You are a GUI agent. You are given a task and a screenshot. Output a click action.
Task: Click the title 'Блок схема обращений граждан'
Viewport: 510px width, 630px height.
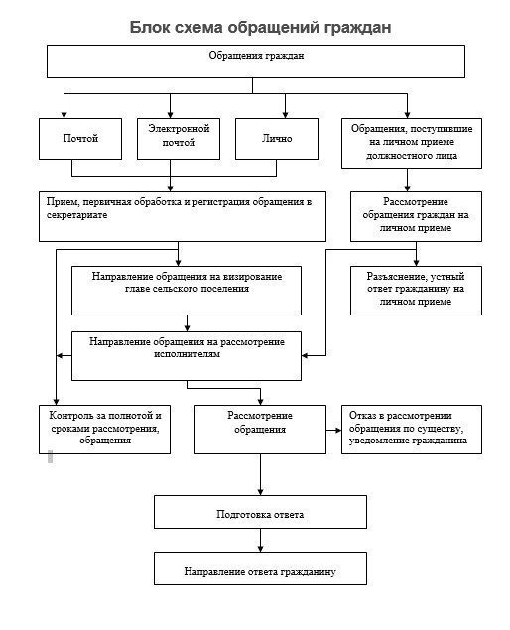260,28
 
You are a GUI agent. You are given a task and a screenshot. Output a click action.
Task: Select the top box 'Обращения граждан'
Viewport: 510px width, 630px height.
256,62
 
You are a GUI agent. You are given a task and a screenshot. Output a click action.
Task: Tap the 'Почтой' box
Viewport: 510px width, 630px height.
80,139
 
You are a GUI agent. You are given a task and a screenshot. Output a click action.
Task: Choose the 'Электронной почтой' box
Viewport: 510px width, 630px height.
179,139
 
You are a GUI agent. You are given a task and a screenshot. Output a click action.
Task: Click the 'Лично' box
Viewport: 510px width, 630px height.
277,139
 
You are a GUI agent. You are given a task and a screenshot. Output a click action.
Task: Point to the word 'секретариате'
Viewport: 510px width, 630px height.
76,215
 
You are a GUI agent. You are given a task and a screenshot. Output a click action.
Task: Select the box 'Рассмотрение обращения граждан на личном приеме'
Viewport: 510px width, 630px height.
416,216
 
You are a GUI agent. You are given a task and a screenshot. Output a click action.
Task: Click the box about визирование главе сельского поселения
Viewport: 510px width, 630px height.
187,291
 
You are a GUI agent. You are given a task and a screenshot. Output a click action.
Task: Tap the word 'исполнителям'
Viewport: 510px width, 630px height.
187,354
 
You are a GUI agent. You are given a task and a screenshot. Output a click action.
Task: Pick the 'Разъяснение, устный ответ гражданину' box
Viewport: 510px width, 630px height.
416,291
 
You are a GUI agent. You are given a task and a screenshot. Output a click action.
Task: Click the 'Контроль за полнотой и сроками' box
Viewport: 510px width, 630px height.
104,430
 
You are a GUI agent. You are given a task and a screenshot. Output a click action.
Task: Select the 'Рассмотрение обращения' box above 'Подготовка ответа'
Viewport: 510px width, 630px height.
260,430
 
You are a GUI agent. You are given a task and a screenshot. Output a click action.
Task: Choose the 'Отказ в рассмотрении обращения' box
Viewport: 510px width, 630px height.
412,430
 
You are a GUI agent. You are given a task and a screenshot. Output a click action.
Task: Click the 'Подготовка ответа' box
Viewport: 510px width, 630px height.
260,512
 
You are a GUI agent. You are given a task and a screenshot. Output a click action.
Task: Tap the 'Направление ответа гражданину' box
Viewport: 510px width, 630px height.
260,568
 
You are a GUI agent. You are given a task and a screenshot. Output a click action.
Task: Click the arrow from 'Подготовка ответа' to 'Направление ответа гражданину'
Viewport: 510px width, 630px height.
260,541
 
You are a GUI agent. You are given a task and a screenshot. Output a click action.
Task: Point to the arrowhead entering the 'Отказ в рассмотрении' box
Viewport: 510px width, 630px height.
338,430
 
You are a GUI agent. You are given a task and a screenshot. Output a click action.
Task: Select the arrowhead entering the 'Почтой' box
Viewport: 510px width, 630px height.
64,115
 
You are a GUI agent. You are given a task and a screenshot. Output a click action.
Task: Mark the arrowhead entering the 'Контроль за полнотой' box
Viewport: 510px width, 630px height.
56,402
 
